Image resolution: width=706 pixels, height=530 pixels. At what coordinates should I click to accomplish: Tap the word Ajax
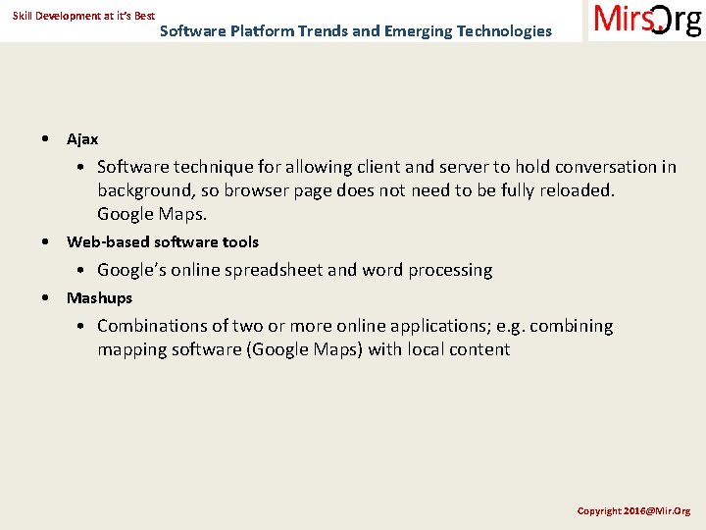coord(82,139)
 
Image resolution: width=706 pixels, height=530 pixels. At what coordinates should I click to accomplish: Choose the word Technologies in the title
coord(504,30)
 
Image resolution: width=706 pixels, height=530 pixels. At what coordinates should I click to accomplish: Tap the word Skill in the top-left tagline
coord(24,17)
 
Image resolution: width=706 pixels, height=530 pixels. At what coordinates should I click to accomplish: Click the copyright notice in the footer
coord(633,510)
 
